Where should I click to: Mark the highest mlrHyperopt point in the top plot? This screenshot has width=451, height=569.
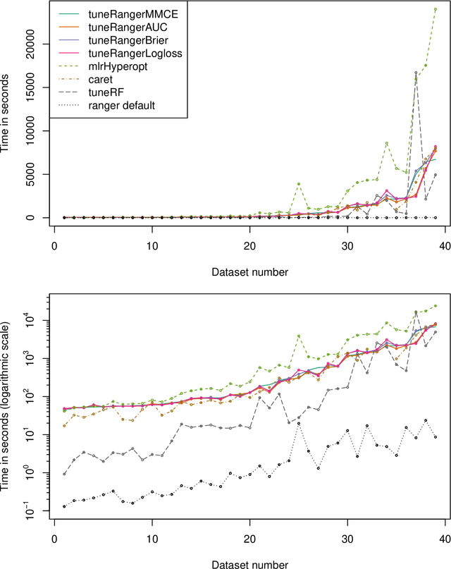[435, 9]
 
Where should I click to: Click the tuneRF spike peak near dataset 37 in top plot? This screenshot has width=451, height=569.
[416, 73]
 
